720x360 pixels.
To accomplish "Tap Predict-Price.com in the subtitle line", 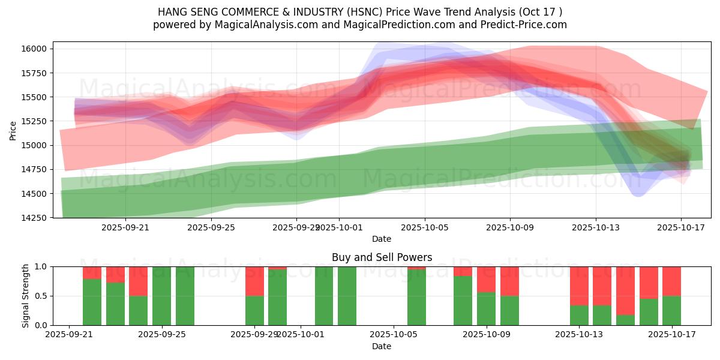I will click(x=527, y=25).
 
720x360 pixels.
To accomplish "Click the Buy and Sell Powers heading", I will click(x=382, y=257).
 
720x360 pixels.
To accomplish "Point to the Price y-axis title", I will click(x=13, y=130).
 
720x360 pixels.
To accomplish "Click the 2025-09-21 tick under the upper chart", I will click(x=125, y=228).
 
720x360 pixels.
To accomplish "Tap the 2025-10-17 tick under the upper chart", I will click(x=682, y=228).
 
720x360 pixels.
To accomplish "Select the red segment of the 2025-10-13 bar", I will click(x=579, y=286).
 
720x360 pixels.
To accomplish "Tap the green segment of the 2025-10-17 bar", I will click(x=671, y=310).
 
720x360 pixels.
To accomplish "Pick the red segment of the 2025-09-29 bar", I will click(x=254, y=281).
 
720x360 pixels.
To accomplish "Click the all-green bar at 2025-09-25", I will click(x=161, y=296).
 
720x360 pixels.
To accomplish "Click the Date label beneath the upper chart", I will click(x=382, y=239).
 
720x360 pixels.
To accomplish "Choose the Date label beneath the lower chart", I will click(x=382, y=346).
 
